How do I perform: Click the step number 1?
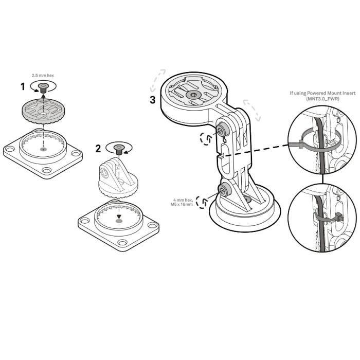click(x=23, y=87)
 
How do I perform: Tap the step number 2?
click(x=98, y=149)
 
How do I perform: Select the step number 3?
click(x=153, y=100)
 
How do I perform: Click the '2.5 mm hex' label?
click(x=43, y=75)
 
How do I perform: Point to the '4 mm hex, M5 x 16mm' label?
click(x=182, y=202)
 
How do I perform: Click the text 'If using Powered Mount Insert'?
click(x=322, y=93)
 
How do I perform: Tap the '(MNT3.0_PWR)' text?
click(x=322, y=99)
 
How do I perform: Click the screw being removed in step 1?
click(x=43, y=88)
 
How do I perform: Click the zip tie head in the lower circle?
click(x=338, y=216)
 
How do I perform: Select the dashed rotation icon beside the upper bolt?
click(x=206, y=138)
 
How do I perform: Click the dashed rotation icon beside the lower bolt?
click(x=202, y=202)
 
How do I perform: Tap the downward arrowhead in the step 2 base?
click(x=119, y=216)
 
